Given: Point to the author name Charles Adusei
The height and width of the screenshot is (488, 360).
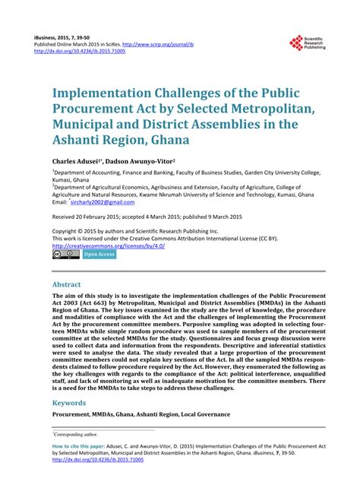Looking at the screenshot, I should pos(80,162).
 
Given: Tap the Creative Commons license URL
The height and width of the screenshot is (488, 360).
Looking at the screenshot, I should pos(110,246).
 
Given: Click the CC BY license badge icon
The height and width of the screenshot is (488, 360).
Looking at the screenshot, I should pos(65,255).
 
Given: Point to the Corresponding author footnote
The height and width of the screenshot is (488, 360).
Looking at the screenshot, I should pos(77,433).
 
